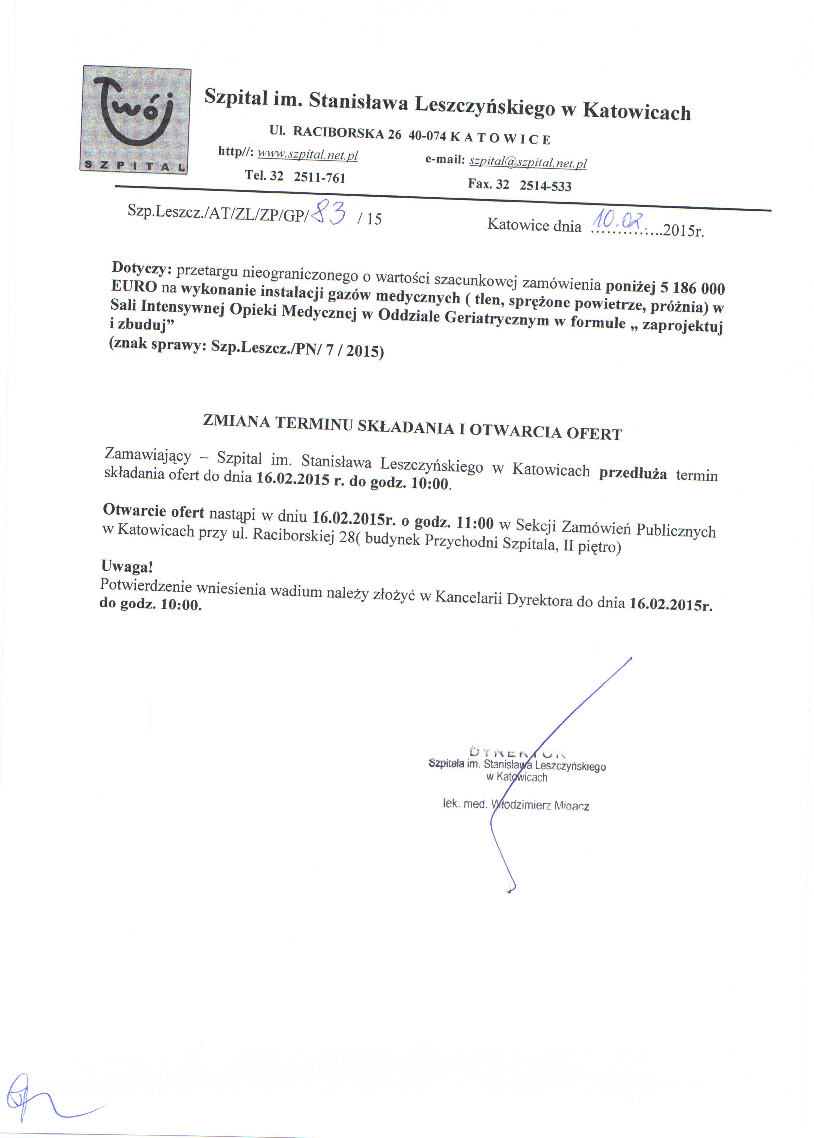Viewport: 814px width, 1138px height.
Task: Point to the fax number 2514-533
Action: [x=545, y=186]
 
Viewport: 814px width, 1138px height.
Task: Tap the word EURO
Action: [x=134, y=286]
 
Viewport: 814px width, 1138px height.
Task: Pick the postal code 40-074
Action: [x=427, y=136]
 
